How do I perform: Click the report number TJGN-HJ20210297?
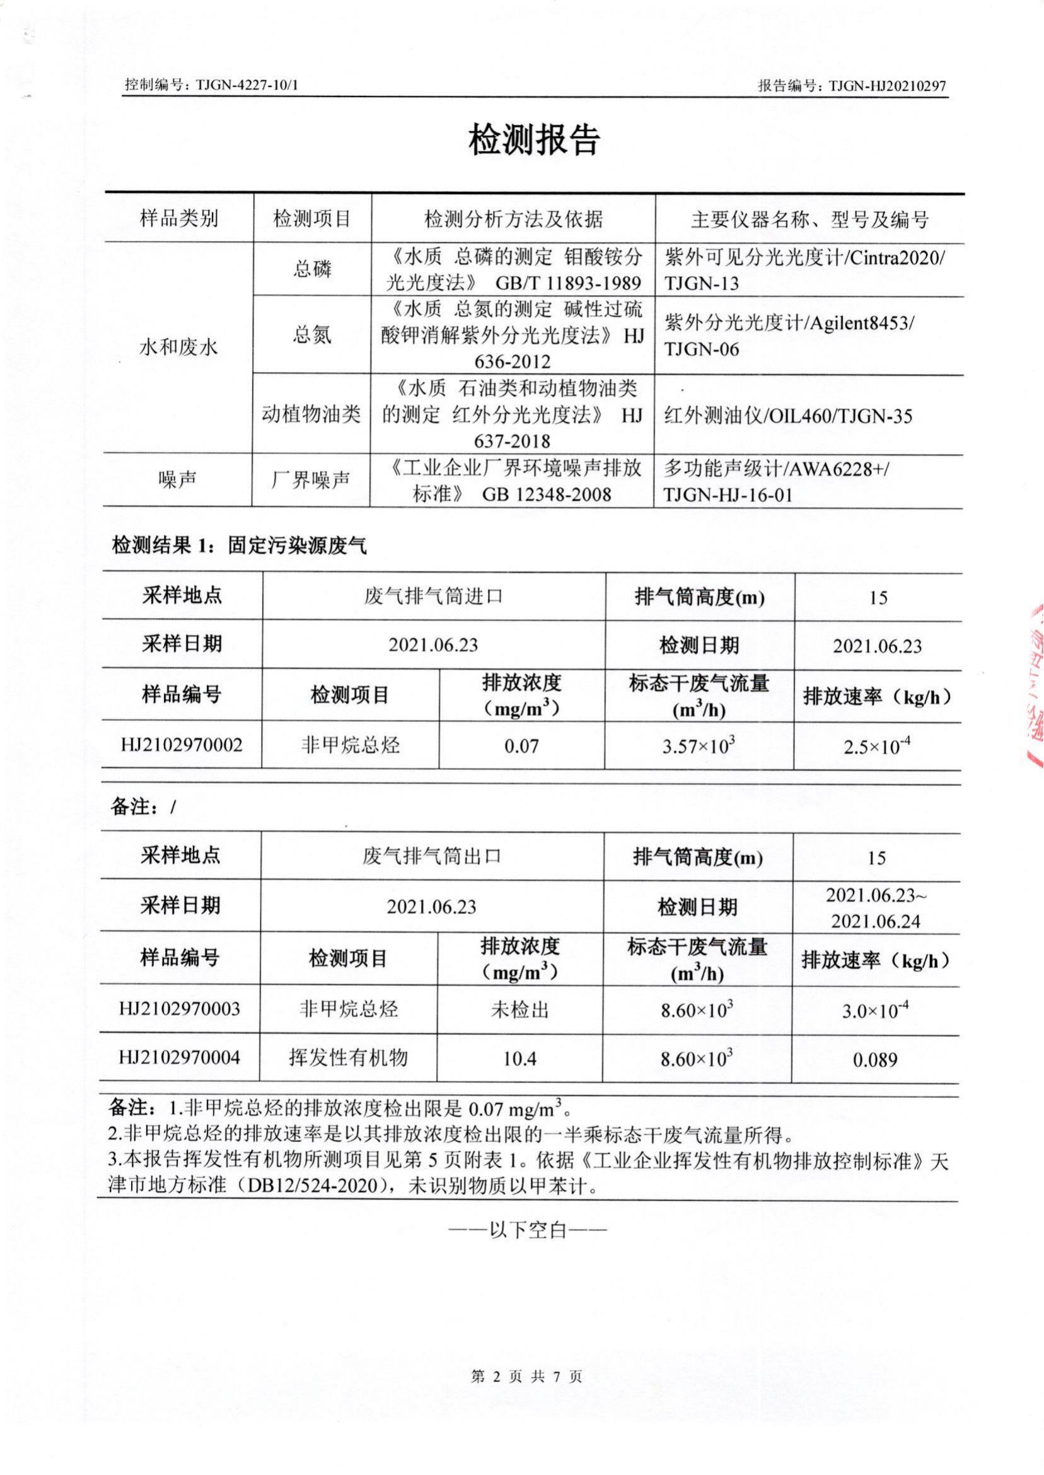tap(888, 86)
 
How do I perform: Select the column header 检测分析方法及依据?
tap(514, 220)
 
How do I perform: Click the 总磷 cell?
tap(313, 269)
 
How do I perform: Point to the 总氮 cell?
tap(313, 335)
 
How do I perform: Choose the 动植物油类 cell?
tap(312, 415)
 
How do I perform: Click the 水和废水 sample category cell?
tap(178, 348)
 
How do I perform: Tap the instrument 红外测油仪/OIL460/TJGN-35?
tap(787, 416)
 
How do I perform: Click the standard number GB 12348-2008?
tap(546, 494)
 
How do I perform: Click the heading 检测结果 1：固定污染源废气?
tap(239, 547)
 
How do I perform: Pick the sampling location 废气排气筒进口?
tap(433, 597)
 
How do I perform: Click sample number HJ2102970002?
tap(182, 745)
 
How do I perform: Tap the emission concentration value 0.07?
tap(521, 746)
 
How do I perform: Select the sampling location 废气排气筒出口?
tap(432, 856)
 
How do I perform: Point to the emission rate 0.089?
tap(875, 1059)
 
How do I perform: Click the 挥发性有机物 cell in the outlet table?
tap(348, 1058)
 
